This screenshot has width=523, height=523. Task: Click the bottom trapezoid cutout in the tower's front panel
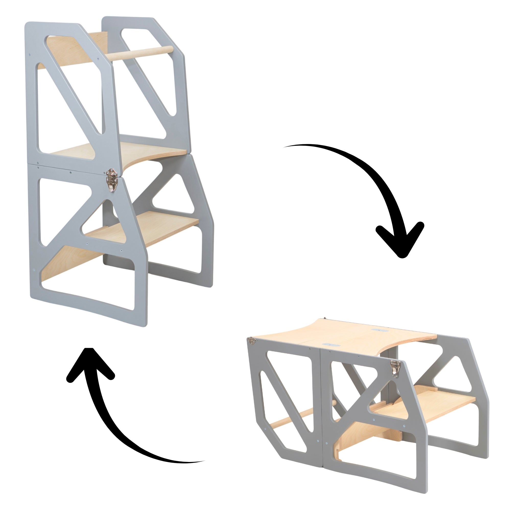click(89, 290)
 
